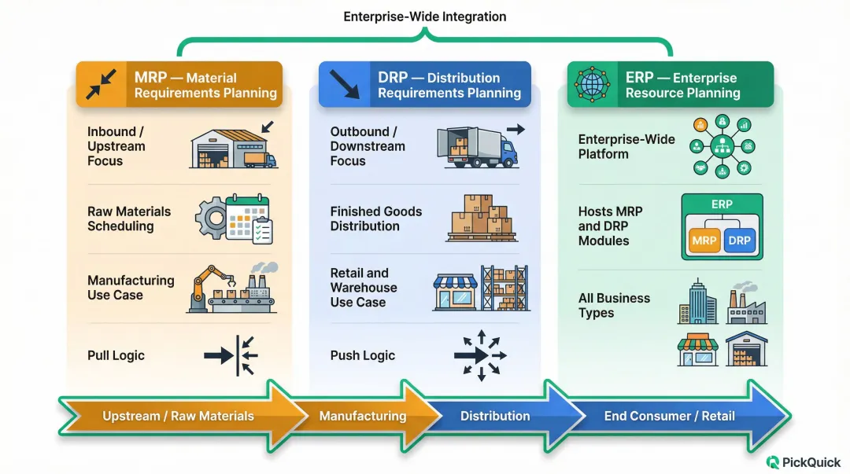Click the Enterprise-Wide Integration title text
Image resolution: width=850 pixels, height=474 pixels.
tap(425, 17)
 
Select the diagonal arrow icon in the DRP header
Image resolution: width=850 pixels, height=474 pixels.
tap(343, 84)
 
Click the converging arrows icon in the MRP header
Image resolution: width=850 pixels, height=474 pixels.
tap(101, 84)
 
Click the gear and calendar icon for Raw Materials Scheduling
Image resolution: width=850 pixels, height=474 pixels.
tap(234, 219)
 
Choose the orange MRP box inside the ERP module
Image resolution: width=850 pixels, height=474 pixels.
tap(704, 241)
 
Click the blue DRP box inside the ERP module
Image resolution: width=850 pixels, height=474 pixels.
tap(740, 241)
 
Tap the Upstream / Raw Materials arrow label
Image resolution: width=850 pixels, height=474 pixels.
tap(178, 416)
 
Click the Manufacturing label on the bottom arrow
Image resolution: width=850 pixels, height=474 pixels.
tap(363, 416)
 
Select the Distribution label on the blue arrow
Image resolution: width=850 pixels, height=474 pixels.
tap(495, 416)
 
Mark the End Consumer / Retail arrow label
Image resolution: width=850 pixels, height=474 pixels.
tap(669, 416)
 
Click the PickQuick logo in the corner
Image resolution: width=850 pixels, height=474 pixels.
tap(803, 462)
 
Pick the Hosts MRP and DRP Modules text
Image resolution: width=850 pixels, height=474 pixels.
tap(611, 226)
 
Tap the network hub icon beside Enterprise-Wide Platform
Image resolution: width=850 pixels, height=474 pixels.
tap(721, 146)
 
